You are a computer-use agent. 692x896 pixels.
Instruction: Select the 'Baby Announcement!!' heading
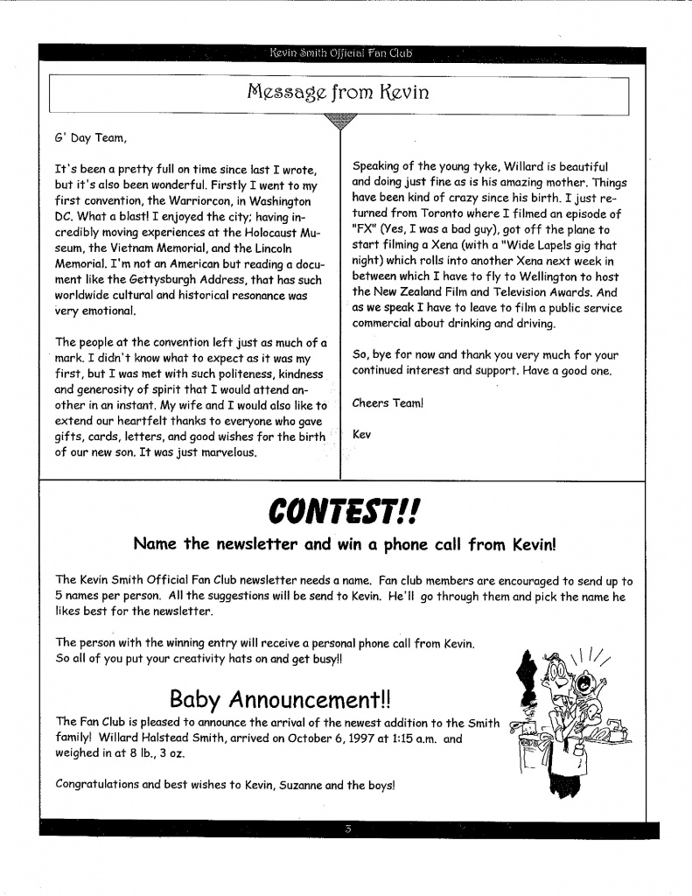(x=280, y=698)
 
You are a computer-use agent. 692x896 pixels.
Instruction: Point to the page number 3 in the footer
(x=347, y=829)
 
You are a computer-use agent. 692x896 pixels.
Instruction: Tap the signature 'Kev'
(x=361, y=434)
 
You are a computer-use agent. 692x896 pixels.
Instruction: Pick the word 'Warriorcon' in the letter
(x=186, y=200)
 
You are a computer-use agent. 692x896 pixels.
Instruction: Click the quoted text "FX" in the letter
(x=365, y=230)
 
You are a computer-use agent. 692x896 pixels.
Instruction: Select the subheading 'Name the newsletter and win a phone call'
(x=345, y=544)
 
